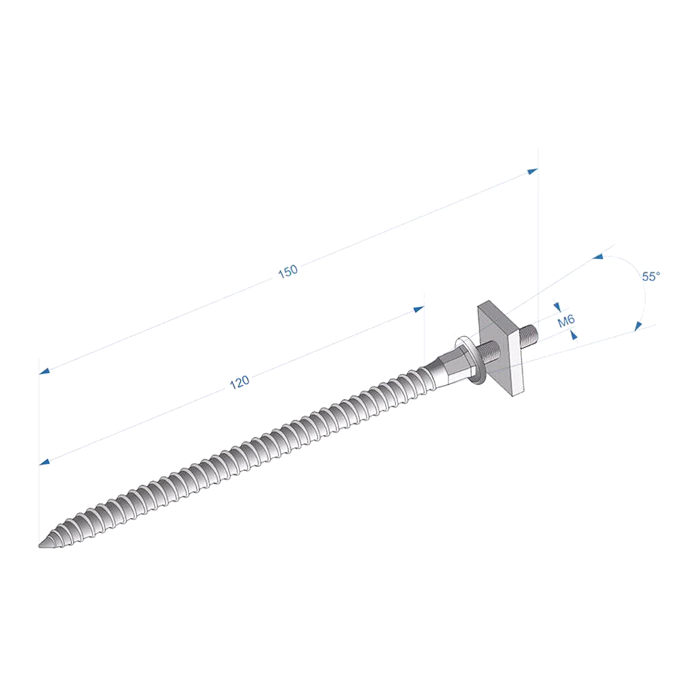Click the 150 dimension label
pyautogui.click(x=287, y=271)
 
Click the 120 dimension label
pyautogui.click(x=239, y=382)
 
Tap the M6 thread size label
pyautogui.click(x=566, y=320)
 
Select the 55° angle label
pyautogui.click(x=651, y=276)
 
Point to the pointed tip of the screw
pyautogui.click(x=40, y=546)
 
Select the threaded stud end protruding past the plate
pyautogui.click(x=529, y=335)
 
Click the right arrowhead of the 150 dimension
pyautogui.click(x=532, y=171)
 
